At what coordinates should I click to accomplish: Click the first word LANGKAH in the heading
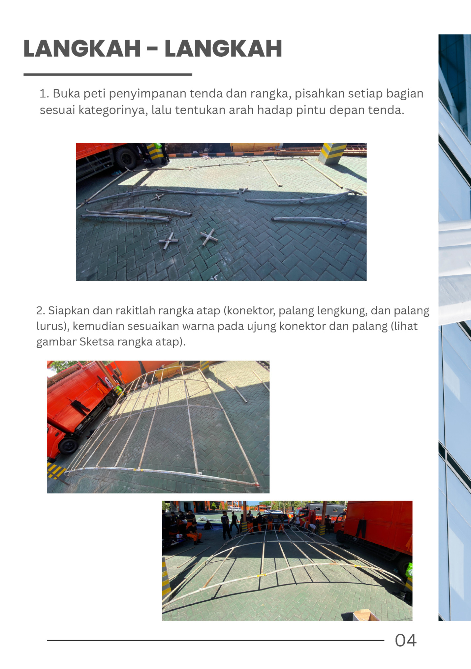(82, 49)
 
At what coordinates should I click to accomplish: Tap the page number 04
(405, 640)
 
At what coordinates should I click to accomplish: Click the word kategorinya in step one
(112, 110)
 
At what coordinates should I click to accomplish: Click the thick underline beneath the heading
(108, 75)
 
